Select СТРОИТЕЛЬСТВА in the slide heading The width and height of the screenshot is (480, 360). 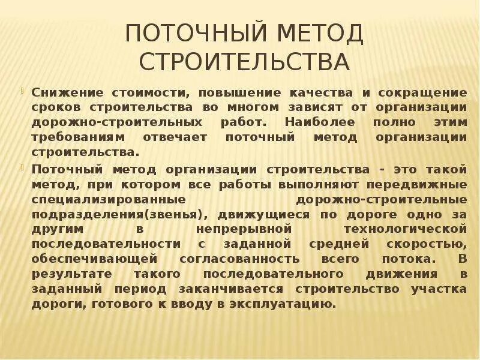tap(244, 62)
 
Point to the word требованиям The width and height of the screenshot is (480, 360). tap(71, 137)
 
